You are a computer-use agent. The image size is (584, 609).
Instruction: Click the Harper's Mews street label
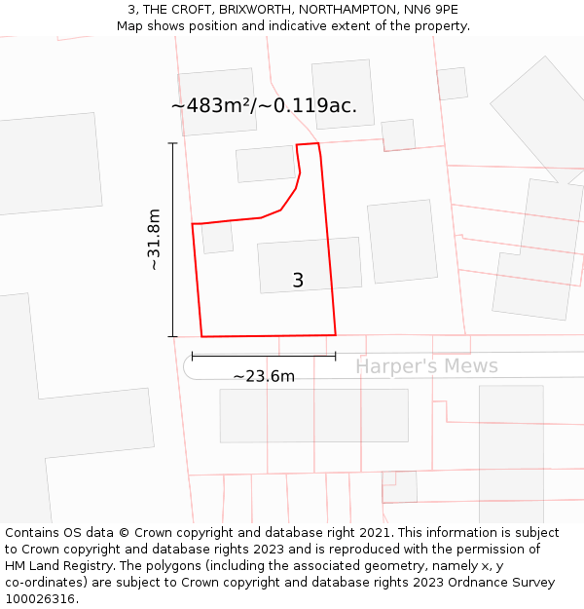[426, 366]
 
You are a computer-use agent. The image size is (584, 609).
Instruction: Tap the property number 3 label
[298, 281]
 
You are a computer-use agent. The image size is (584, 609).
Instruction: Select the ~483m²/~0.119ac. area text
[264, 106]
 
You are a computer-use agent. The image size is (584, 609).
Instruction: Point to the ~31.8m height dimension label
[154, 240]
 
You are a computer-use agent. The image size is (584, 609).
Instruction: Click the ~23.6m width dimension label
[264, 376]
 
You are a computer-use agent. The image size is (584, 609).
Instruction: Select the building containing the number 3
[310, 265]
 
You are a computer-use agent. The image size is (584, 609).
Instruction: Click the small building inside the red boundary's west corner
[217, 238]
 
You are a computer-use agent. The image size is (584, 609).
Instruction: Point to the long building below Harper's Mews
[313, 415]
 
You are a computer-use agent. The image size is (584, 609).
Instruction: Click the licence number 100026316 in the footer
[41, 599]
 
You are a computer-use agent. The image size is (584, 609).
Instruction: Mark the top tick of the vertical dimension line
[173, 144]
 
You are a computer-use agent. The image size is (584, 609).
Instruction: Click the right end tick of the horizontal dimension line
[335, 357]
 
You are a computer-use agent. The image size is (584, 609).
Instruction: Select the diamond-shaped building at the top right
[538, 117]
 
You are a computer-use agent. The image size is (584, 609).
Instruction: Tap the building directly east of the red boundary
[402, 242]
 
